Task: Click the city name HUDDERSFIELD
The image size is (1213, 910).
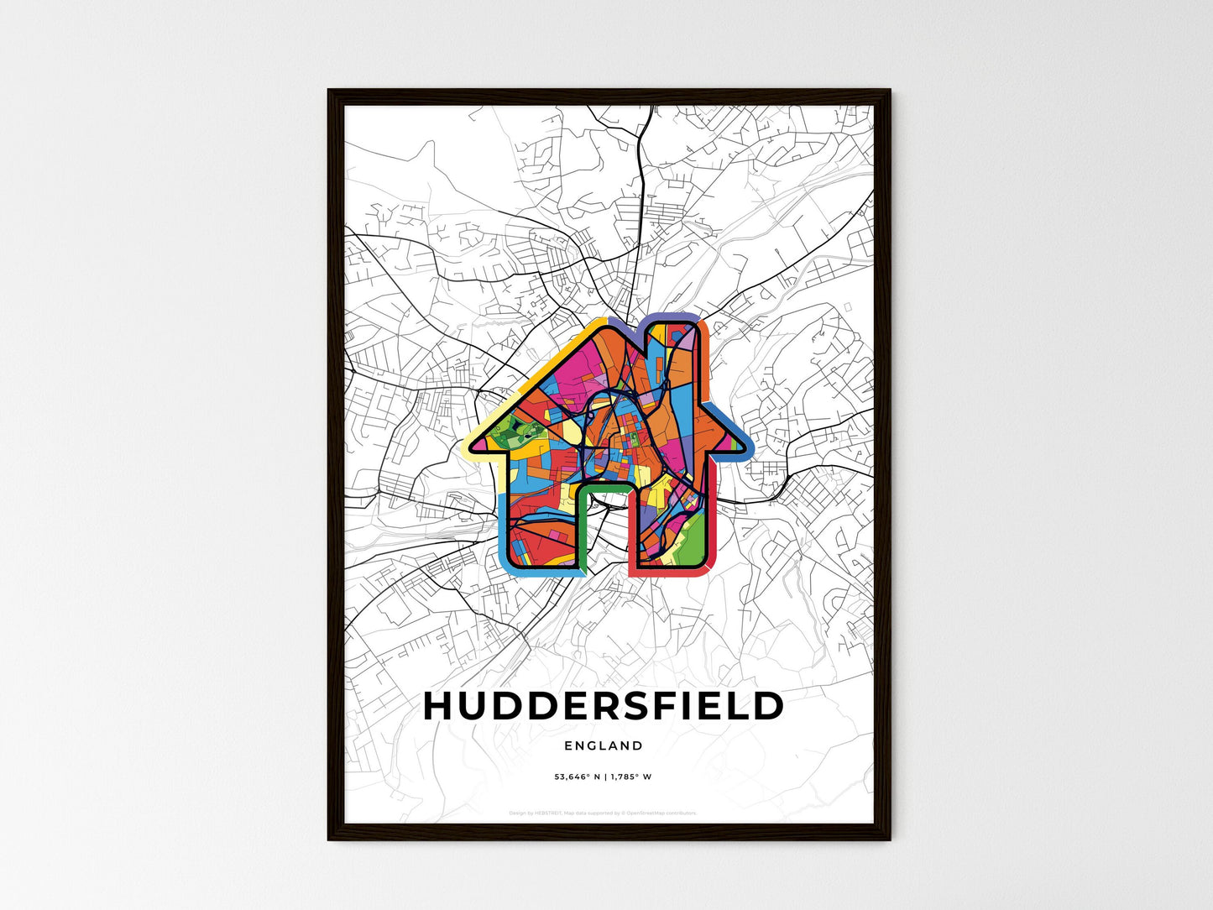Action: (x=604, y=706)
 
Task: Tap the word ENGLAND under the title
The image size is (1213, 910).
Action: (x=604, y=745)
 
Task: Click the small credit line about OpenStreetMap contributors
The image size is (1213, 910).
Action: (x=603, y=813)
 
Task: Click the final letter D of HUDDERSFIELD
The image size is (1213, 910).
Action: (x=768, y=707)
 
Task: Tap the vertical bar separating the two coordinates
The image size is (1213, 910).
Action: (x=603, y=777)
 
